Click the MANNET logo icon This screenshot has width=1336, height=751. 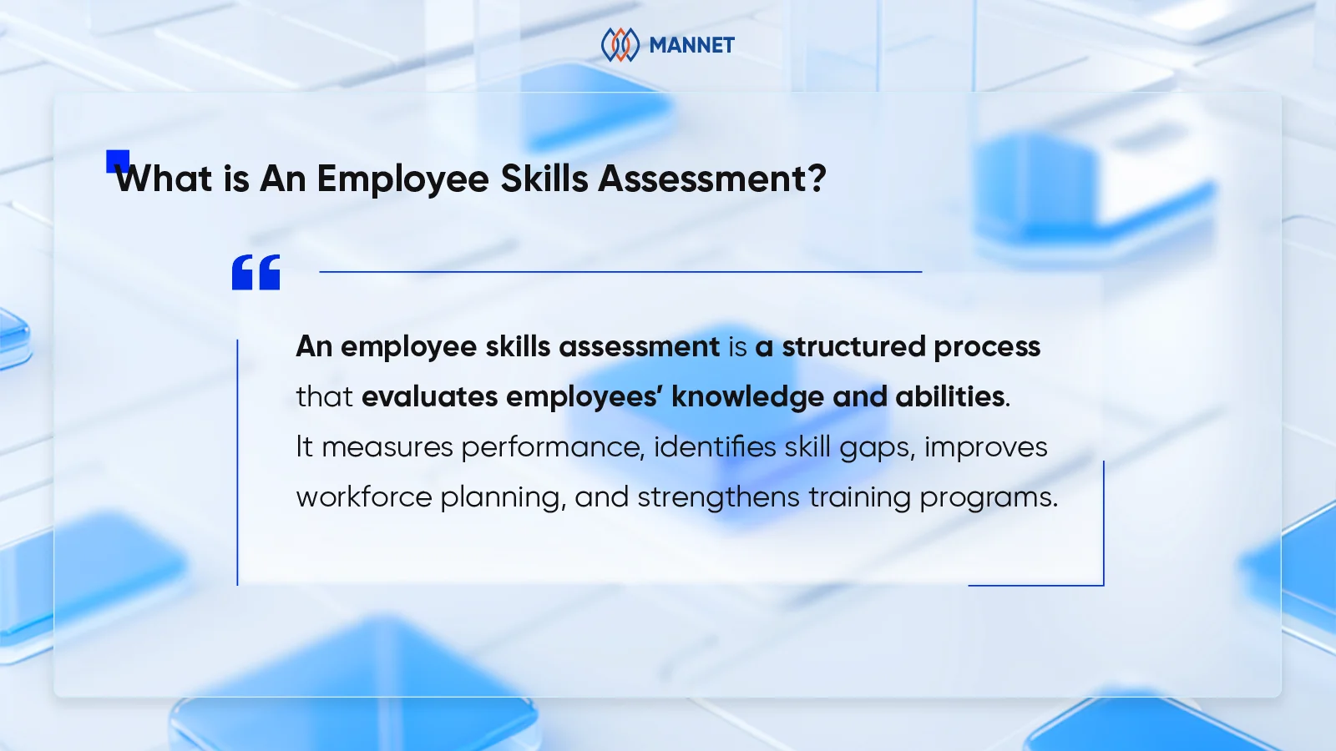620,45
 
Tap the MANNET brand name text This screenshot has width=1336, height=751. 691,45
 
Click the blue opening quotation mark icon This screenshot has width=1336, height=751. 256,272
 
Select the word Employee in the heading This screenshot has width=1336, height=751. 402,179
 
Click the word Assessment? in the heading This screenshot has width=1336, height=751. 712,179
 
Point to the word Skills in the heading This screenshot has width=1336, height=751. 544,179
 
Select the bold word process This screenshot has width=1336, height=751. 987,347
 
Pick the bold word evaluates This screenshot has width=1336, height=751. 429,396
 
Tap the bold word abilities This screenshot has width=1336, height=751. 949,396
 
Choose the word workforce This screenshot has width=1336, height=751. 364,497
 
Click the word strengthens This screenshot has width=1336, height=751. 718,497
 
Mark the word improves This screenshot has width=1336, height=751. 985,447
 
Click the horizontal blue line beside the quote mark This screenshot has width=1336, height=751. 620,271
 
